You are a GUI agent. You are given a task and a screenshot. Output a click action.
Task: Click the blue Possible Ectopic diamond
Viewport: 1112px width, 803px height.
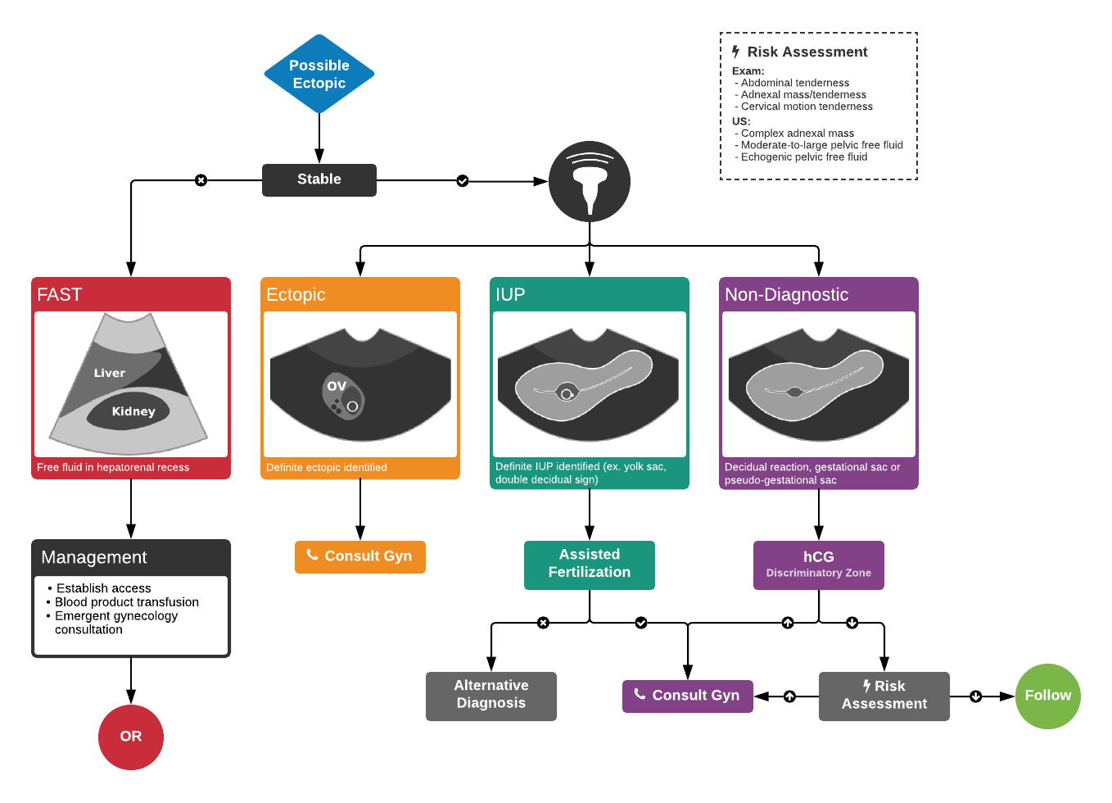coord(319,74)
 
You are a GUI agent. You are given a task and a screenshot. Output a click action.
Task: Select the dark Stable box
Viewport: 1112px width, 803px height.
coord(319,179)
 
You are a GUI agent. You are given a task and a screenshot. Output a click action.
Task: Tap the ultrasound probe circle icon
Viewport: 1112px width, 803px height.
coord(590,181)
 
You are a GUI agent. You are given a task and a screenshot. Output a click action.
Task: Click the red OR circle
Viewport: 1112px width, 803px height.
coord(131,737)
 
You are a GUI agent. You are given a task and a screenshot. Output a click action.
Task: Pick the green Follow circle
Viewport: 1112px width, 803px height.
coord(1047,696)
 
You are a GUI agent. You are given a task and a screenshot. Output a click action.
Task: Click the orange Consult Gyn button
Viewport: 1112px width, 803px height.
coord(360,556)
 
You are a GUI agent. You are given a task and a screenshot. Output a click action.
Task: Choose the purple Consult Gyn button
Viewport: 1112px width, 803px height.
coord(688,696)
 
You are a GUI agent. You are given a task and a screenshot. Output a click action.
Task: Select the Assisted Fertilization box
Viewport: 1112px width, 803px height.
coord(590,564)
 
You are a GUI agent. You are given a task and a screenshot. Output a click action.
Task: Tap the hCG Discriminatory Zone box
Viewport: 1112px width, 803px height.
coord(819,564)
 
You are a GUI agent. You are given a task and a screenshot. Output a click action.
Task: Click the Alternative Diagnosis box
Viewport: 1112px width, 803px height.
coord(491,695)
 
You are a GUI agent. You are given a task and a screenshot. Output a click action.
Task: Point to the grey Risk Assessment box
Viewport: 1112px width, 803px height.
coord(884,696)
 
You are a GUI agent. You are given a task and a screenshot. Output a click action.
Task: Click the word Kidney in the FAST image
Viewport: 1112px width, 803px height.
coord(133,411)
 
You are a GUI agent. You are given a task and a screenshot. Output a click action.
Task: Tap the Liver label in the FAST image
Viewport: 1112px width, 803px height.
coord(110,373)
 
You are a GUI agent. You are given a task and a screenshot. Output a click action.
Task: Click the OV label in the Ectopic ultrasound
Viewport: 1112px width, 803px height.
coord(337,386)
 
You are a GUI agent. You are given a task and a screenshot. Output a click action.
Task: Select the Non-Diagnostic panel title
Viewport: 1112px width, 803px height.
coord(786,295)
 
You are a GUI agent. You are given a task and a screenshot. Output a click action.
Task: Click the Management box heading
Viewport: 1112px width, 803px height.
coord(94,557)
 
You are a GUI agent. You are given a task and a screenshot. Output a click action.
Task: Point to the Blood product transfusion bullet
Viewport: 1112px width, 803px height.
coord(127,602)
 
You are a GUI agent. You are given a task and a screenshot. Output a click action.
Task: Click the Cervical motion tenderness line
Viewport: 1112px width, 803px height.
coord(807,107)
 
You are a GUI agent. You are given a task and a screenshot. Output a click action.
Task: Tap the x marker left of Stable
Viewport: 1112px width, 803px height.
coord(201,180)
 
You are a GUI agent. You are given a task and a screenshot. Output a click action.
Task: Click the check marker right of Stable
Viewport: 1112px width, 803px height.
coord(463,180)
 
